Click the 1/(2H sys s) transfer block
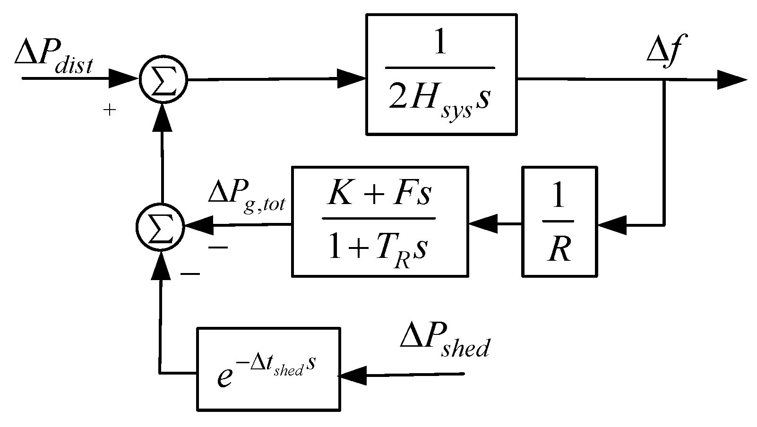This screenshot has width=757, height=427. (441, 75)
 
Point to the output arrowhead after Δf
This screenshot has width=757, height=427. (732, 80)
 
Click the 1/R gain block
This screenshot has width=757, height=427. (559, 221)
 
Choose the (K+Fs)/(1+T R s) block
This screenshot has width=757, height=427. (380, 221)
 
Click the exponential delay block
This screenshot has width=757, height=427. (268, 368)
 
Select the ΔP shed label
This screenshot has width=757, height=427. (444, 341)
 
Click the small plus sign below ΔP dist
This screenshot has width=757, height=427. (109, 111)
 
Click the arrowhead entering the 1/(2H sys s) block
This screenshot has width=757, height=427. (352, 79)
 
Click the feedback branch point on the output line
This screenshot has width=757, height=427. (664, 80)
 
